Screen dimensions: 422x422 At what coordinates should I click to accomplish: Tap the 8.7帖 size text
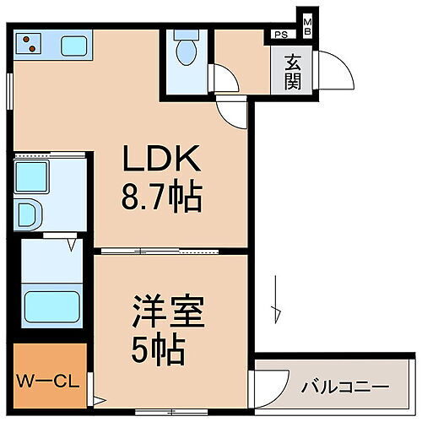point(163,199)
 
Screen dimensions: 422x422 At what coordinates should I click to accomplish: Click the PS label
point(279,35)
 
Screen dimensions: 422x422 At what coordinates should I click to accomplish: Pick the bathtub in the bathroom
point(49,305)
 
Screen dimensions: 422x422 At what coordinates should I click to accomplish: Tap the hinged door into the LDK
point(231,110)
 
